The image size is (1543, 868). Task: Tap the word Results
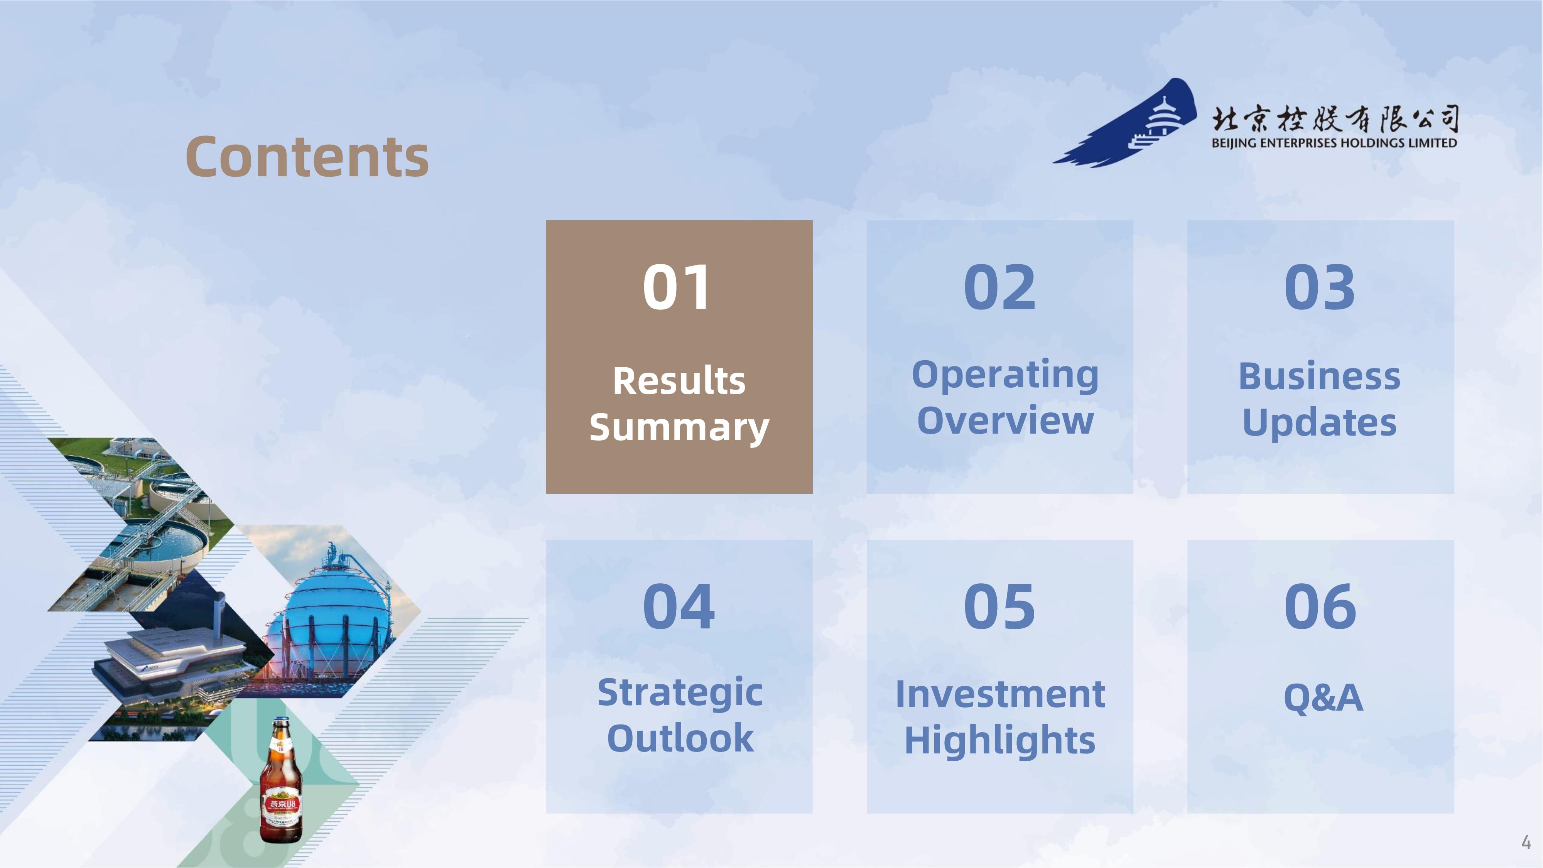[679, 381]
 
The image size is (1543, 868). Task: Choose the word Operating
[1005, 376]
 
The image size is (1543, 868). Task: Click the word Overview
[1005, 420]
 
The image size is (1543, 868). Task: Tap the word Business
[1320, 377]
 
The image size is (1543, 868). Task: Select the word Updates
[1320, 423]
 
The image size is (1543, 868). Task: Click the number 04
[679, 607]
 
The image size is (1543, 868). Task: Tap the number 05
[1000, 607]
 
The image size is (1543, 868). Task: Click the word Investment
[1000, 695]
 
